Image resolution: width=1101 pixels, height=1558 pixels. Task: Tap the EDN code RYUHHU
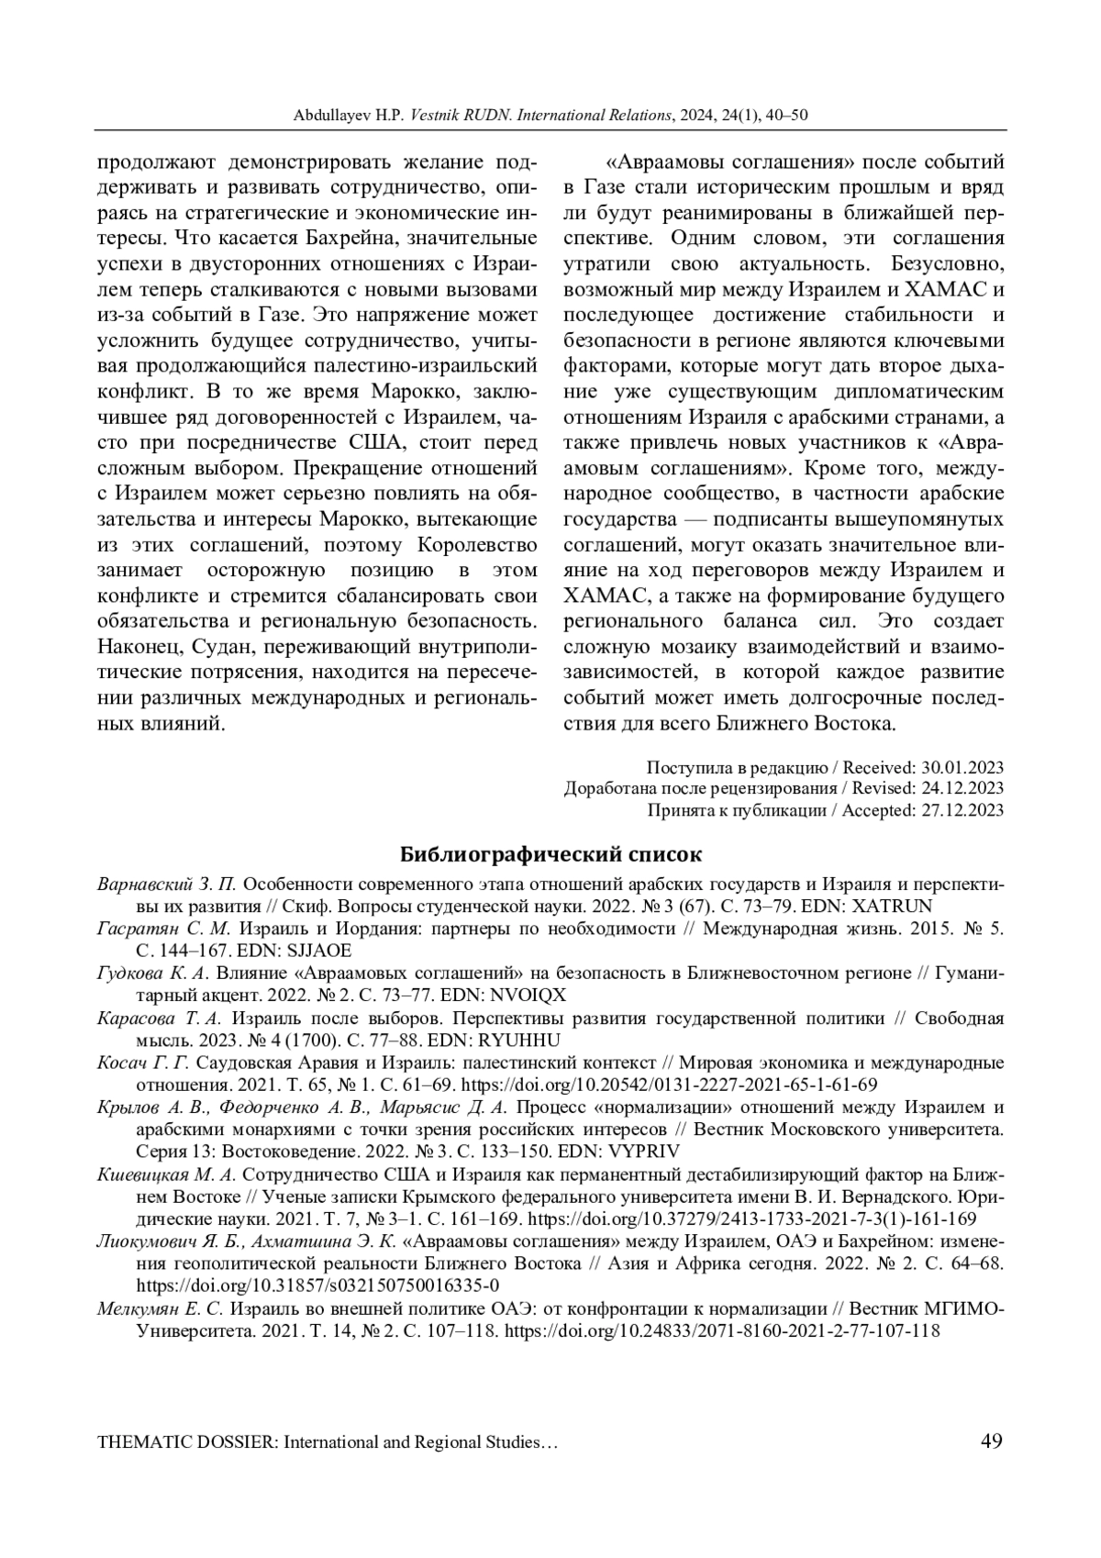516,1041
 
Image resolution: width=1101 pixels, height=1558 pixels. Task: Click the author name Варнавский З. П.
167,885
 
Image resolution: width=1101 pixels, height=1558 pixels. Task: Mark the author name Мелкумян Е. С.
160,1308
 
